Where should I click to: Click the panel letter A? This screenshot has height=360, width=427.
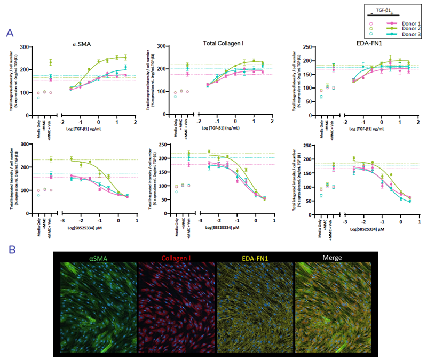point(10,33)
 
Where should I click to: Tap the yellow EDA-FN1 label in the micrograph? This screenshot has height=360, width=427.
point(256,258)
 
